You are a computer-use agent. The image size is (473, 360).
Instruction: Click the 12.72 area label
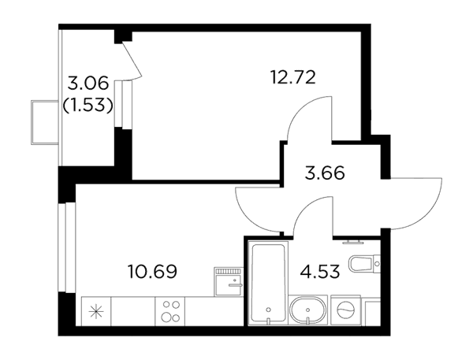[293, 77]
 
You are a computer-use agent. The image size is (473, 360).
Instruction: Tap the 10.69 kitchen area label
[152, 271]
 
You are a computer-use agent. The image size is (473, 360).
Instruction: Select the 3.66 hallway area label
[325, 173]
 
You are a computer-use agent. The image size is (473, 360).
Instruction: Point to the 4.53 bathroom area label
[320, 271]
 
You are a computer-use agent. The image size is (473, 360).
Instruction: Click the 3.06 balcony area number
[88, 84]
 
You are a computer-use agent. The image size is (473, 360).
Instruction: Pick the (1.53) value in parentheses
[88, 105]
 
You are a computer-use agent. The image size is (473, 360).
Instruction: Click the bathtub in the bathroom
[268, 283]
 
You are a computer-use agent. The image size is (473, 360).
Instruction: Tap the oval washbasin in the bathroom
[308, 310]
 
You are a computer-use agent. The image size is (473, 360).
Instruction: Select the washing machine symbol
[346, 310]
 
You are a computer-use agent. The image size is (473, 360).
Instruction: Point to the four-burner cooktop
[170, 311]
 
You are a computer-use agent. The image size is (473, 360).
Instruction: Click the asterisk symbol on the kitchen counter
[97, 311]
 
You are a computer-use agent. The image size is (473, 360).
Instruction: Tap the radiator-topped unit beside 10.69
[229, 281]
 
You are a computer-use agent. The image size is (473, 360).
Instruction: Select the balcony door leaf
[132, 61]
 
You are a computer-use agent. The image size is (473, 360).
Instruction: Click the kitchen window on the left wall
[66, 247]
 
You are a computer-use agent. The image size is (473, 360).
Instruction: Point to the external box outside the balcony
[45, 122]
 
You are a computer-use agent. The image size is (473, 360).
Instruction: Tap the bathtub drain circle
[269, 310]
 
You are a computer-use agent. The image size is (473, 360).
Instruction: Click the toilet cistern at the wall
[377, 264]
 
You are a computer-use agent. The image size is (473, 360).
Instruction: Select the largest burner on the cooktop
[166, 317]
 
